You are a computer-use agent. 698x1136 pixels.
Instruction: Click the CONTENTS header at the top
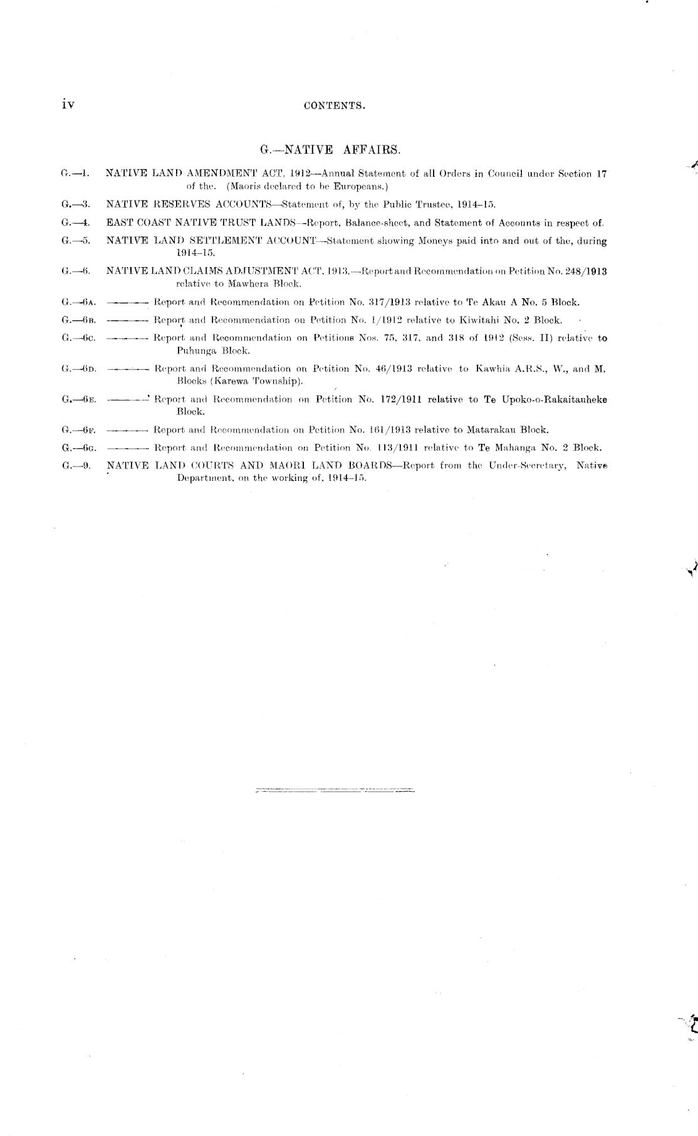(334, 106)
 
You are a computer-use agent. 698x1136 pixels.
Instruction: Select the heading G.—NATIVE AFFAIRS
(330, 150)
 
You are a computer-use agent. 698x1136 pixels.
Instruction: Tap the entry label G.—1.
(76, 174)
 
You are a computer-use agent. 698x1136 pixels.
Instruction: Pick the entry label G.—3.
(76, 204)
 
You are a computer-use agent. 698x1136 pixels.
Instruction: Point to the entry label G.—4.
(76, 223)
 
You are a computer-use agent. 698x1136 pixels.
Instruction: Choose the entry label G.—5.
(76, 241)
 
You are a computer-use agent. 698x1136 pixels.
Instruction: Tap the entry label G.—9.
(76, 466)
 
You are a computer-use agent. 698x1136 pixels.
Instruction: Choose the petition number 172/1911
(407, 399)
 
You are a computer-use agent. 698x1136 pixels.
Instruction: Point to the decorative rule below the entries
(335, 789)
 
